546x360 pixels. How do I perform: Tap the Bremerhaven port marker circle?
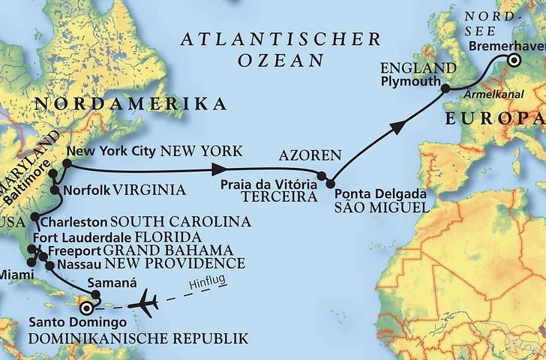(514, 61)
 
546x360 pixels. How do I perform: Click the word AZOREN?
(309, 157)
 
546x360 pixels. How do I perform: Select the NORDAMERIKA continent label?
(131, 103)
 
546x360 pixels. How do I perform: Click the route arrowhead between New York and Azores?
(221, 168)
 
